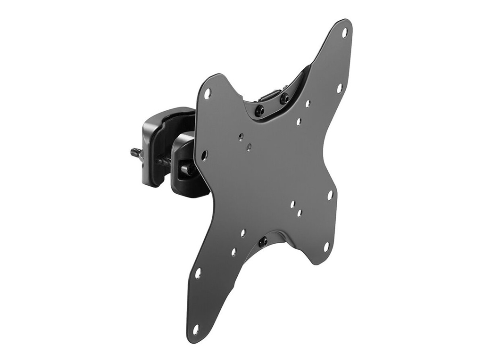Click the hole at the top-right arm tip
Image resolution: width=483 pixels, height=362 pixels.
[x=344, y=33]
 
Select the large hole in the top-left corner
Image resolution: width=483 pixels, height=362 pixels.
[x=207, y=94]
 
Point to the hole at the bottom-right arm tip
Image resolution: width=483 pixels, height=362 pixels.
[x=326, y=247]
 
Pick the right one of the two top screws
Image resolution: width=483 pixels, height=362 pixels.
[x=284, y=98]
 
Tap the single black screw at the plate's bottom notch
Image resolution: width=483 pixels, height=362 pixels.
[x=263, y=242]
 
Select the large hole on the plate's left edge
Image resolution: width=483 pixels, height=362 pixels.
[x=204, y=154]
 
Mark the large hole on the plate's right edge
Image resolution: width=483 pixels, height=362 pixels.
[x=330, y=194]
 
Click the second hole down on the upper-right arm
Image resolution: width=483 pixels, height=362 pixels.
[x=339, y=88]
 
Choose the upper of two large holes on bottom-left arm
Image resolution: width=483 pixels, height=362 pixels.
[x=198, y=273]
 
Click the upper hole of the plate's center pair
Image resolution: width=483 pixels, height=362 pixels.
[x=241, y=137]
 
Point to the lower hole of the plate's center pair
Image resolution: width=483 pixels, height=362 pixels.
[x=249, y=147]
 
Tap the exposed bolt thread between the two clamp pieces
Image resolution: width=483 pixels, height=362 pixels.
[x=163, y=160]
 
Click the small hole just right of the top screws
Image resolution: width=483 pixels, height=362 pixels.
[x=308, y=103]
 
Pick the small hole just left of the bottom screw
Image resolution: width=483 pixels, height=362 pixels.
[x=243, y=233]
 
